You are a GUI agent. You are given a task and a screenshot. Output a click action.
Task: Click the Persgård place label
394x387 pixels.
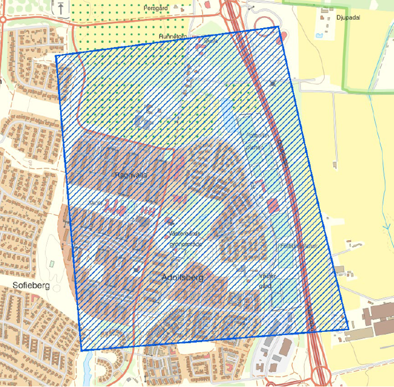coord(156,8)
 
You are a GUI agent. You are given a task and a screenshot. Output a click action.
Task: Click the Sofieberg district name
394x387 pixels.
coord(31,286)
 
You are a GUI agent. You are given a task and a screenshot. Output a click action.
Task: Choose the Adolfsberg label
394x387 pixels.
coord(182,278)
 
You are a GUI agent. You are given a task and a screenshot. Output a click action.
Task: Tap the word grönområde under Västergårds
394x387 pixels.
coord(185,245)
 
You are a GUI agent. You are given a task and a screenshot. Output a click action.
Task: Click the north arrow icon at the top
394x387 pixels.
coord(60,7)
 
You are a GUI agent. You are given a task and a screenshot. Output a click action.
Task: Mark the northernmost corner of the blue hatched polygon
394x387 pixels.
coord(278,26)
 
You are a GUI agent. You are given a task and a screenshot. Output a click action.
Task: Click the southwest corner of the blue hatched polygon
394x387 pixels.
coord(82,350)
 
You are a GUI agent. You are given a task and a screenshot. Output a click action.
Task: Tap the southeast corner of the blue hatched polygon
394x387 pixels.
coord(348,329)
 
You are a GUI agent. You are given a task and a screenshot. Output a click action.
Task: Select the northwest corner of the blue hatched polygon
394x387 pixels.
coord(56,56)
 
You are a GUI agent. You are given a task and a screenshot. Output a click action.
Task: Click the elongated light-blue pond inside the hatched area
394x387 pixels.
coord(227,115)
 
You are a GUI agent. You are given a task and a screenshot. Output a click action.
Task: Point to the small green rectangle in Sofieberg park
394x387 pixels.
coord(52,263)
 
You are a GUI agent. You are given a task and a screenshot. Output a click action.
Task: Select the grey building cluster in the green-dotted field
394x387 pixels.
coord(145,119)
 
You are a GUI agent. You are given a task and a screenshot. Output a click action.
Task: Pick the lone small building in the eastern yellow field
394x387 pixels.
coord(335,165)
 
